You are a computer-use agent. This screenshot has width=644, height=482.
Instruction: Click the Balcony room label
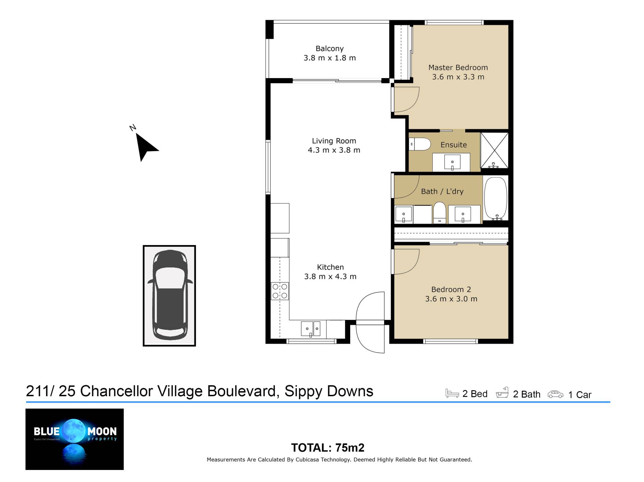click(329, 49)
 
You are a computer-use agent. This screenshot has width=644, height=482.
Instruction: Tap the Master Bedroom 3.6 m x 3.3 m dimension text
click(458, 77)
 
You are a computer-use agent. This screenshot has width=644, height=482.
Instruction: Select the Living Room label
click(334, 141)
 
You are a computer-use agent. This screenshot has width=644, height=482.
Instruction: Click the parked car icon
click(169, 295)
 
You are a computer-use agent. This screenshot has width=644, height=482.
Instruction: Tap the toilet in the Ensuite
click(420, 144)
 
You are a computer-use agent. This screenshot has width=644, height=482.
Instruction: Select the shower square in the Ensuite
click(494, 150)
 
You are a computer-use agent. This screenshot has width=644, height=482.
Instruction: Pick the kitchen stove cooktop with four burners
click(280, 291)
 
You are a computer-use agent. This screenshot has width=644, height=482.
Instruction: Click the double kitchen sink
click(311, 328)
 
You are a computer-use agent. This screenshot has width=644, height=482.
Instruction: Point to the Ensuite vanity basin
click(452, 162)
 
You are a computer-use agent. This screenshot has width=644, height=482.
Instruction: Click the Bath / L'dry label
click(442, 191)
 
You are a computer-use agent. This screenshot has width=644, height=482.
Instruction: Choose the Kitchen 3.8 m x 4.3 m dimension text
click(330, 277)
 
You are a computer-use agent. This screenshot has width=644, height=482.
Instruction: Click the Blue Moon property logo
click(74, 439)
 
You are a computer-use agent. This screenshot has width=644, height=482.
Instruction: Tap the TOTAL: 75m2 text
click(328, 448)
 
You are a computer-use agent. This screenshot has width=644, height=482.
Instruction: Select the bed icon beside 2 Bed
click(452, 393)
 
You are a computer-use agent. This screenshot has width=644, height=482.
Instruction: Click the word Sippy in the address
click(303, 391)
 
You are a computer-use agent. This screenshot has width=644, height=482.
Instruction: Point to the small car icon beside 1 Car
click(555, 394)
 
